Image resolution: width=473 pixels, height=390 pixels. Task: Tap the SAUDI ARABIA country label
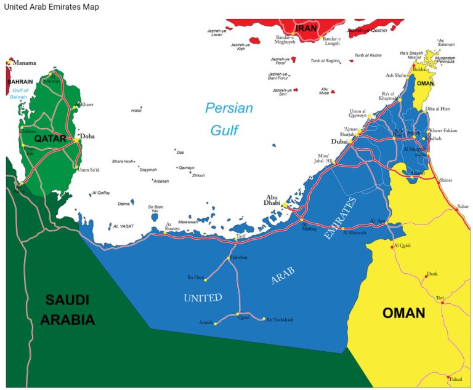click(x=68, y=310)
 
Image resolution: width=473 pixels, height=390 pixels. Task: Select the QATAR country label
click(x=50, y=139)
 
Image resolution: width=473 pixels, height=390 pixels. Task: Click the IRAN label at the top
click(x=306, y=28)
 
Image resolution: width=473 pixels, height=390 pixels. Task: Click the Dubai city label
click(x=339, y=141)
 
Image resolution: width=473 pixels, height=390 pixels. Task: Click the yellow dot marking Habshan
click(x=228, y=258)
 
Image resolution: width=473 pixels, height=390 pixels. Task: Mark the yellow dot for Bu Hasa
click(x=206, y=280)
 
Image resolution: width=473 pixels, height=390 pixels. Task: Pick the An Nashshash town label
click(x=280, y=320)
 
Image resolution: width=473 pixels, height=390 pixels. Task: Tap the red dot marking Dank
click(x=426, y=276)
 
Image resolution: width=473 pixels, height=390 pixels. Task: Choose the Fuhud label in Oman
click(x=455, y=379)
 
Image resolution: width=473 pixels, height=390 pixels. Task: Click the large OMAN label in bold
click(x=403, y=313)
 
